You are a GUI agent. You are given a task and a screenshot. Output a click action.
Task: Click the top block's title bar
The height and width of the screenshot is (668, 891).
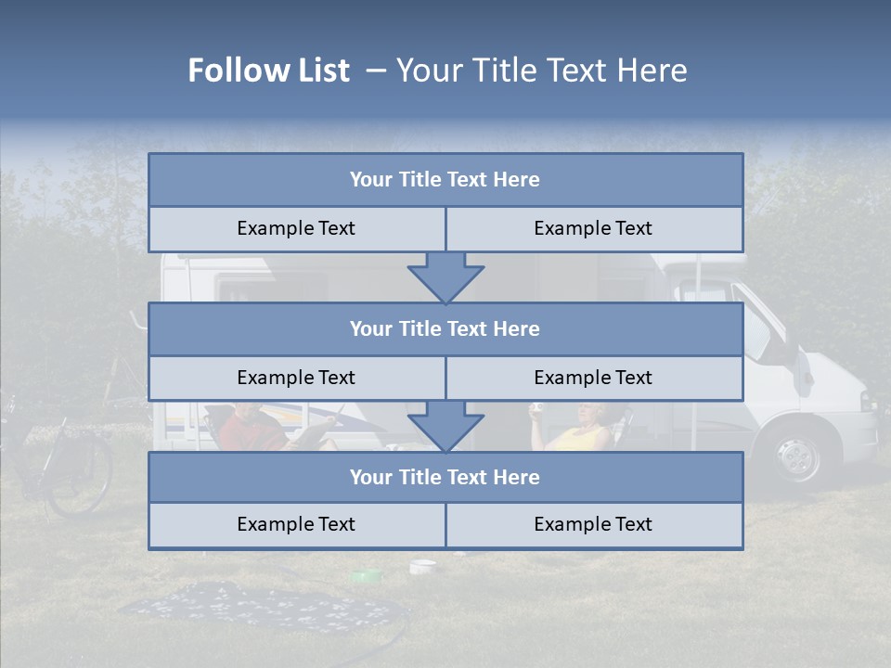(445, 180)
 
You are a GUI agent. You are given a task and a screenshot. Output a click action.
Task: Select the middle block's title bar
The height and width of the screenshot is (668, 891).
(445, 329)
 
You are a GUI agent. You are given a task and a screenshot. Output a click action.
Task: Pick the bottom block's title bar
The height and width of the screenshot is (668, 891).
(445, 478)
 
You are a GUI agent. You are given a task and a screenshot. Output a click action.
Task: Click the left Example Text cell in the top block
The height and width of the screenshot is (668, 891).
(297, 229)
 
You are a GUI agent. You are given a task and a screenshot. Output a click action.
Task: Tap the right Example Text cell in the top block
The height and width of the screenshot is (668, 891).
(594, 229)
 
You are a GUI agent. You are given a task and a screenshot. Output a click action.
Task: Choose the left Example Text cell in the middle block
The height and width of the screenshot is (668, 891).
(297, 379)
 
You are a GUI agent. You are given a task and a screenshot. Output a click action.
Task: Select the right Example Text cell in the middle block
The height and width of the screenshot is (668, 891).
(594, 379)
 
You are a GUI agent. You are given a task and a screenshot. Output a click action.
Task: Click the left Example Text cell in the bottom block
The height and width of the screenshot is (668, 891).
(297, 525)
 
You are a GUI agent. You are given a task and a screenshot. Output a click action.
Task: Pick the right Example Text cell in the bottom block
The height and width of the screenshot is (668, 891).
(594, 525)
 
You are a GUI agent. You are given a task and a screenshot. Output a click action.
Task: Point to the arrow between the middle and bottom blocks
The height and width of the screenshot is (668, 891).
(445, 426)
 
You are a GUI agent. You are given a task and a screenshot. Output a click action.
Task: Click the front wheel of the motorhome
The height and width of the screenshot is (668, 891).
(796, 456)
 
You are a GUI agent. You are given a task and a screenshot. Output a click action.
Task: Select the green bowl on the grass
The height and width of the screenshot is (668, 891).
(366, 576)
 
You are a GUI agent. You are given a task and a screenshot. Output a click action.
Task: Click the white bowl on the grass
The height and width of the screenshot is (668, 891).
(422, 565)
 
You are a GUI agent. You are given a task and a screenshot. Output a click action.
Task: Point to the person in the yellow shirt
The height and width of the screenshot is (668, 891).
(585, 431)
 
